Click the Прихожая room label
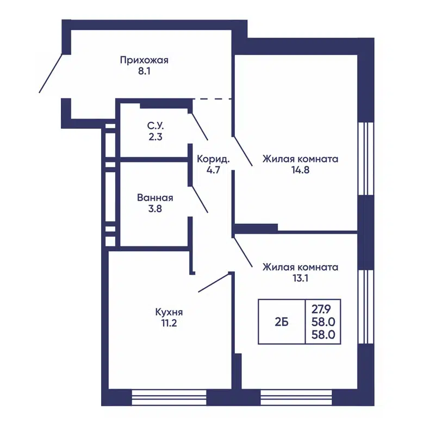[x=144, y=60]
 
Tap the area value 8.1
[x=144, y=71]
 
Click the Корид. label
[x=213, y=160]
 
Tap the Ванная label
[x=155, y=197]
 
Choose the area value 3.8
[x=155, y=208]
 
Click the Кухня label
[x=169, y=312]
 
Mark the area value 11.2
[x=169, y=323]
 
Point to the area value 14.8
[x=300, y=170]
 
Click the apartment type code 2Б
[x=282, y=321]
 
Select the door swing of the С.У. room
[x=199, y=126]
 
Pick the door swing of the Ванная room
[x=199, y=198]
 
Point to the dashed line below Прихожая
[x=213, y=99]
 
